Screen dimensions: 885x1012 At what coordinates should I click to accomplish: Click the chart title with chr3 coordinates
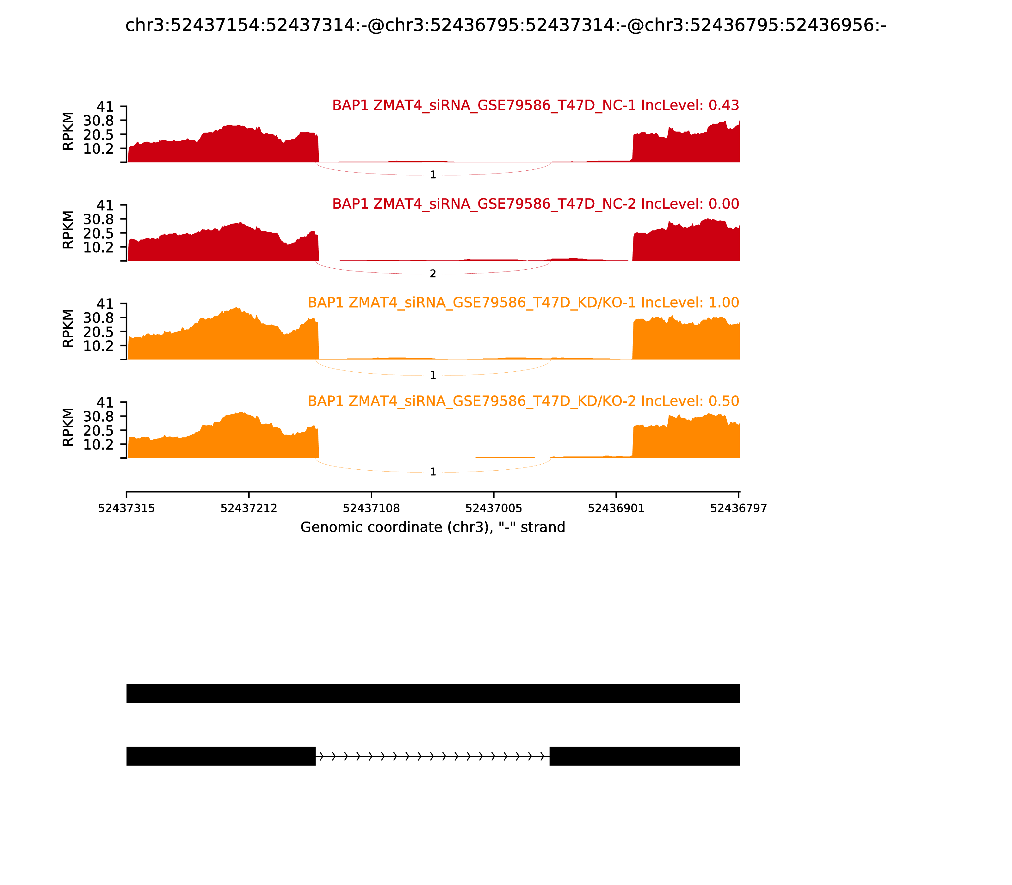coord(505,26)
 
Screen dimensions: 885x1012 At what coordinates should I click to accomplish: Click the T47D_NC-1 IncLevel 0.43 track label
coord(535,105)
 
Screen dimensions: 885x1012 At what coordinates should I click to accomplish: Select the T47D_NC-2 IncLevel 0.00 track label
coord(535,204)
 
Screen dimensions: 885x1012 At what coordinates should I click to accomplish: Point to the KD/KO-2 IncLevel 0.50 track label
coord(523,401)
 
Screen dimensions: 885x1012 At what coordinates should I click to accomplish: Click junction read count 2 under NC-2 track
coord(433,274)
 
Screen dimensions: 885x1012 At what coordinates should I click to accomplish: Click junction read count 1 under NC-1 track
coord(433,175)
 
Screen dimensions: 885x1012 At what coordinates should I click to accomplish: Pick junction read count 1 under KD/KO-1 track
coord(433,375)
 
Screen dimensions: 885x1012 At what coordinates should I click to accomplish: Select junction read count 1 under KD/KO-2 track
coord(433,472)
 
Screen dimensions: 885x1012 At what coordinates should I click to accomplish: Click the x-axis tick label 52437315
coord(126,509)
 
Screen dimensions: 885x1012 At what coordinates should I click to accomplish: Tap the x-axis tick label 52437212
coord(249,509)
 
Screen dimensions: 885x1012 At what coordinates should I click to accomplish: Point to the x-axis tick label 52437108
coord(371,509)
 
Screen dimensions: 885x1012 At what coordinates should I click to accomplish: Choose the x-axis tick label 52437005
coord(494,509)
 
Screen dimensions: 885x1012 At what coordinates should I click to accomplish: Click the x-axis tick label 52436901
coord(616,509)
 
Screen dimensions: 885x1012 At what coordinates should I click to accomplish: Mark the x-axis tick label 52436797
coord(738,509)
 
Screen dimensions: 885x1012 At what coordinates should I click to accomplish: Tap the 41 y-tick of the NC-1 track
coord(105,107)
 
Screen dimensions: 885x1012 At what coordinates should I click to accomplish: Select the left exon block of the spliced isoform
coord(221,756)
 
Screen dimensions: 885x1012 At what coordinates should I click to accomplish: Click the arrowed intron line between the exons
coord(432,756)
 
